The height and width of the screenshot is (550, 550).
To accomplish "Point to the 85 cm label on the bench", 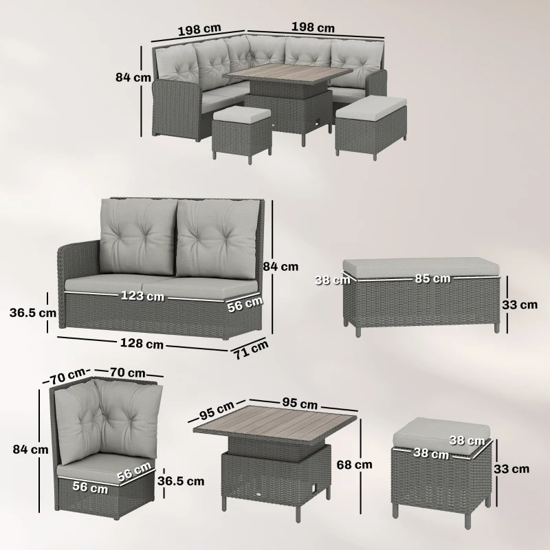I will click(432, 278).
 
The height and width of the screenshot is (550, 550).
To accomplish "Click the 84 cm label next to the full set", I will click(133, 78).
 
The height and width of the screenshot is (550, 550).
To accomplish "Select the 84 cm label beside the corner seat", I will click(30, 449).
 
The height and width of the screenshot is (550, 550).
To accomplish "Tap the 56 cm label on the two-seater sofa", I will click(244, 304).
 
